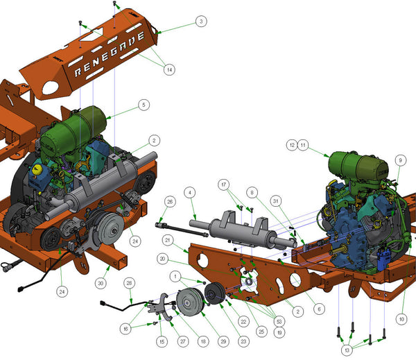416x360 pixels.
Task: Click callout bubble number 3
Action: click(200, 22)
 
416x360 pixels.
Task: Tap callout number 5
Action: click(144, 105)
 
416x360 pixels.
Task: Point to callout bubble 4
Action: click(191, 191)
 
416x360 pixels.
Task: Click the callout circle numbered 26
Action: click(168, 202)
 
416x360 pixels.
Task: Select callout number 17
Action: click(224, 185)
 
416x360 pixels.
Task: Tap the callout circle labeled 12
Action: click(291, 145)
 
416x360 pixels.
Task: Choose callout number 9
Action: click(399, 160)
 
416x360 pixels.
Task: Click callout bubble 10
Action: click(401, 318)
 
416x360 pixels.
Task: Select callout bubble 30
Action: click(101, 283)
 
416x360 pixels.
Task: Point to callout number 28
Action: click(129, 283)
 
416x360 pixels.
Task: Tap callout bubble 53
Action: click(279, 322)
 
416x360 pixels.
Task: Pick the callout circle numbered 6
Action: click(319, 309)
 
